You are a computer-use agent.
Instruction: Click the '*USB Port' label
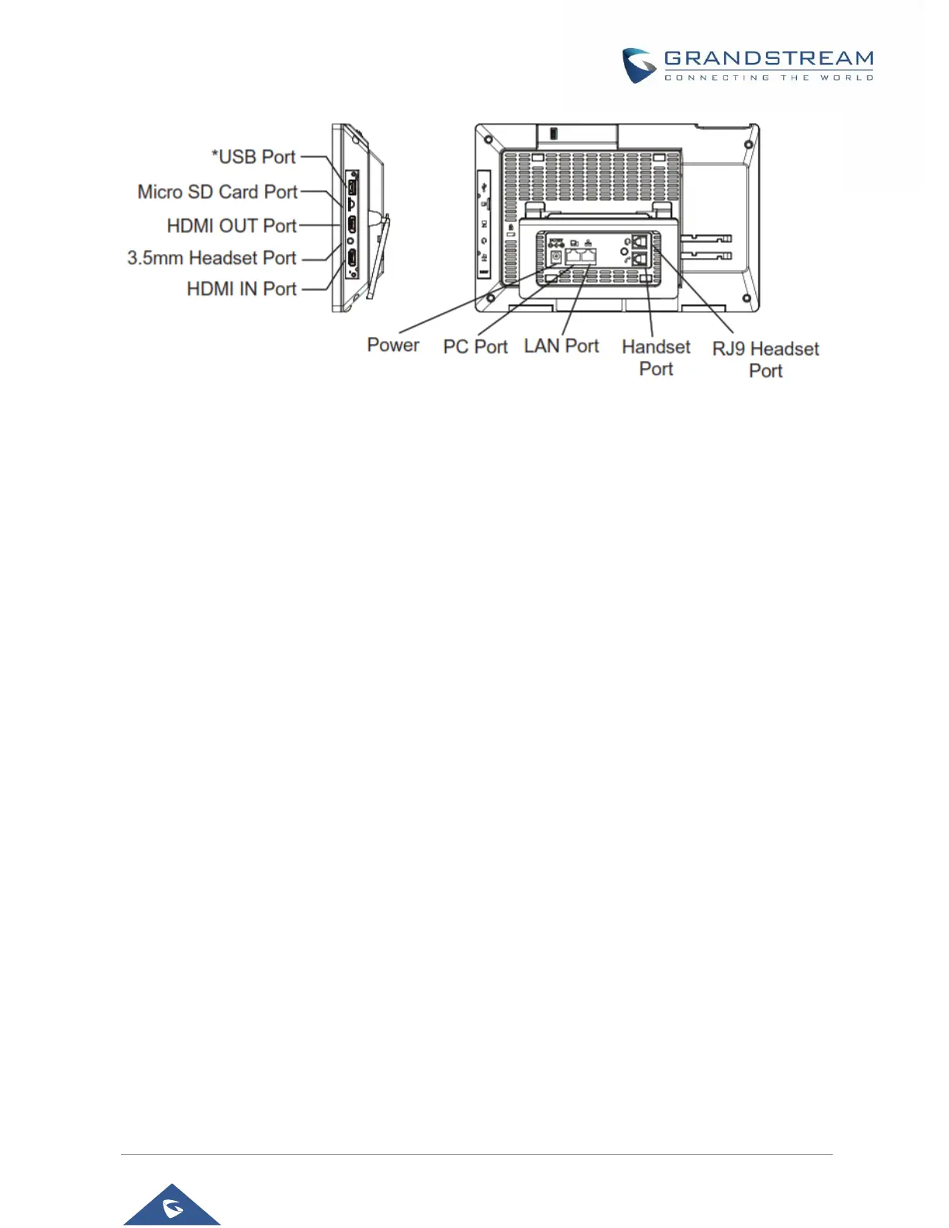(254, 157)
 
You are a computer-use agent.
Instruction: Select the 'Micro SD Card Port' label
(217, 191)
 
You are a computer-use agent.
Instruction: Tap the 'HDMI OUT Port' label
(232, 226)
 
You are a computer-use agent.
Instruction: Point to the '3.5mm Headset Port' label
(212, 257)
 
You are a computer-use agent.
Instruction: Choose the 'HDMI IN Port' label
(241, 289)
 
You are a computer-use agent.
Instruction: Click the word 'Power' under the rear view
(393, 345)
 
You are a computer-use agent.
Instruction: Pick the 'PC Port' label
(475, 347)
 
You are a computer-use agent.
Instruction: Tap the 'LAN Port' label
(561, 346)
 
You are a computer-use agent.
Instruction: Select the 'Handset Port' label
(656, 357)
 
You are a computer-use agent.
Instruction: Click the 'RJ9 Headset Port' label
(765, 360)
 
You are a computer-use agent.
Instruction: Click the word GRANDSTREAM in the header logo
(768, 59)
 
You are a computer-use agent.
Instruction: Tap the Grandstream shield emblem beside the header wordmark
(640, 66)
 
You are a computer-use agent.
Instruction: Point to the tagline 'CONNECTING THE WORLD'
(768, 78)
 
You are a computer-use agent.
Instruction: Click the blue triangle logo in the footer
(172, 1206)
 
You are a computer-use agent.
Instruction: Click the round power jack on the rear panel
(555, 256)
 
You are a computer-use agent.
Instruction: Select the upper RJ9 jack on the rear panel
(640, 242)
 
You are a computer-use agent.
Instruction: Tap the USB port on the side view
(351, 187)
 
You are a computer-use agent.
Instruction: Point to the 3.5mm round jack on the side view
(351, 241)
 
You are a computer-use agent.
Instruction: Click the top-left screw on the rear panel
(488, 142)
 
